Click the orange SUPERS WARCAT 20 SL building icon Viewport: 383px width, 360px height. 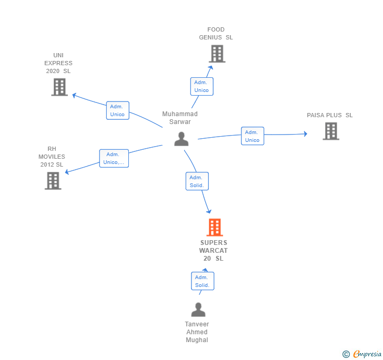coord(215,228)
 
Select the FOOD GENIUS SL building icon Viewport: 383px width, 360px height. coord(217,54)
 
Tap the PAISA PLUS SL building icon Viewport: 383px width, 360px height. coord(331,131)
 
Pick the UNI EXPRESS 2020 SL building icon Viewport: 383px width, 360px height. coord(59,87)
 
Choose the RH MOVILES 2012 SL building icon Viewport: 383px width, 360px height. coord(53,181)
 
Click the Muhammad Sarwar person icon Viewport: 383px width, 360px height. coord(182,139)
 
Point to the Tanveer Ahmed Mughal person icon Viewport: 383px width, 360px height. coord(198,310)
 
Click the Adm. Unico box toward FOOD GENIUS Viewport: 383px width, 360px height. coord(201,86)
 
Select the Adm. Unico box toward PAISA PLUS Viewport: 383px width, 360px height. coord(253,136)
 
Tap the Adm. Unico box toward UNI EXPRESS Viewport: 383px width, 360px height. coord(117,110)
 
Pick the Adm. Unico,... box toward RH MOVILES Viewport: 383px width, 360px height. coord(114,158)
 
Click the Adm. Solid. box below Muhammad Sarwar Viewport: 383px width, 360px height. coord(197,181)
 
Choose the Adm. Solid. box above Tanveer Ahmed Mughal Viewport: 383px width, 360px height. coord(202,281)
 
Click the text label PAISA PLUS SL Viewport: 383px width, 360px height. coord(330,115)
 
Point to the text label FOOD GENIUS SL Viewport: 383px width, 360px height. coord(216,34)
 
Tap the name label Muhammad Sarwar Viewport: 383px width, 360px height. coord(180,118)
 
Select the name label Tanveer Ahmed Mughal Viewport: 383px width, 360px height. coord(197,332)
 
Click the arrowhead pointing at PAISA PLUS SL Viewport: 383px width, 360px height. coord(305,134)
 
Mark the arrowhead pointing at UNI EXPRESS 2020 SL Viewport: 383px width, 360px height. coord(74,95)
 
